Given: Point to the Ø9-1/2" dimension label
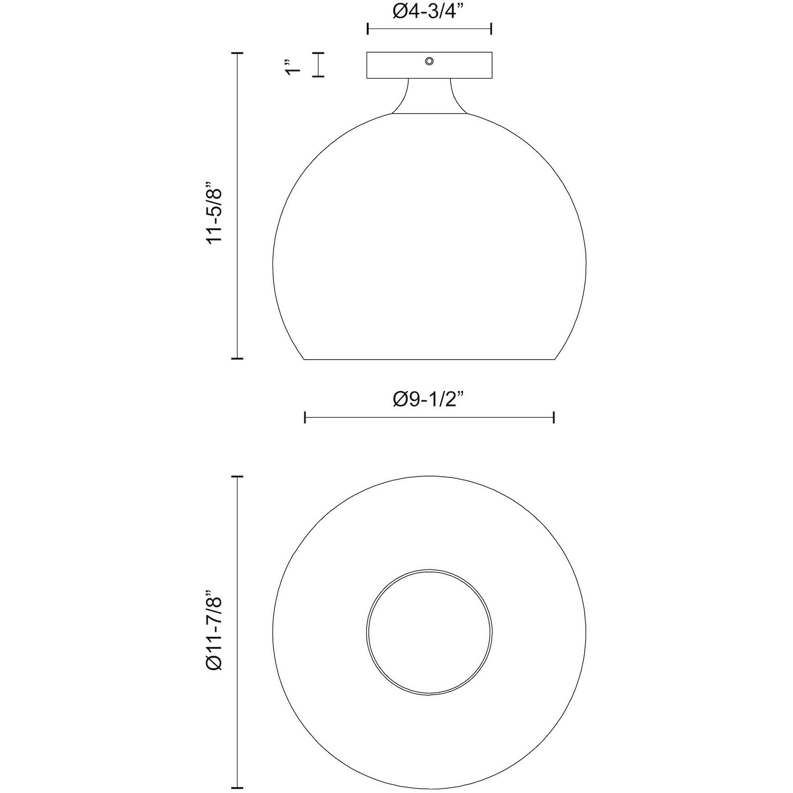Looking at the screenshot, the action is [x=429, y=400].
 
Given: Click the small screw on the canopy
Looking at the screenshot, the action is [x=429, y=61].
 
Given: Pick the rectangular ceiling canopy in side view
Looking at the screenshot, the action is [x=429, y=65].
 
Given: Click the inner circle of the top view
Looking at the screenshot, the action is [x=429, y=632].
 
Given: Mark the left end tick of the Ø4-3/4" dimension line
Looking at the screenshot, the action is [x=368, y=29].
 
